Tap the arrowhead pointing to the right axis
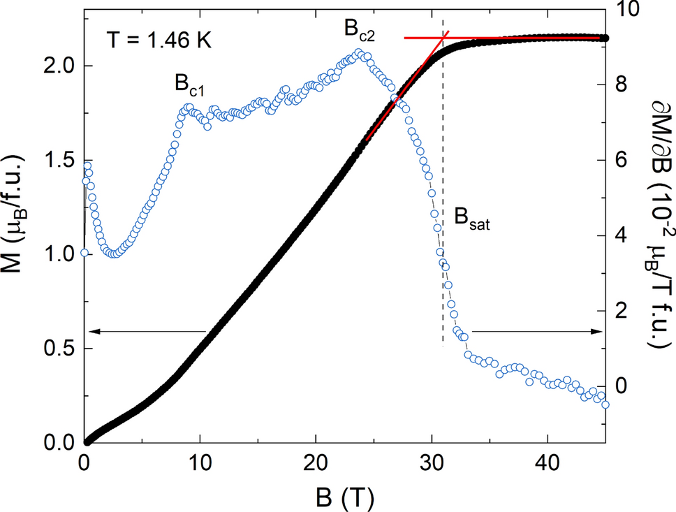pos(599,332)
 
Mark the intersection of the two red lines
pos(444,37)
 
